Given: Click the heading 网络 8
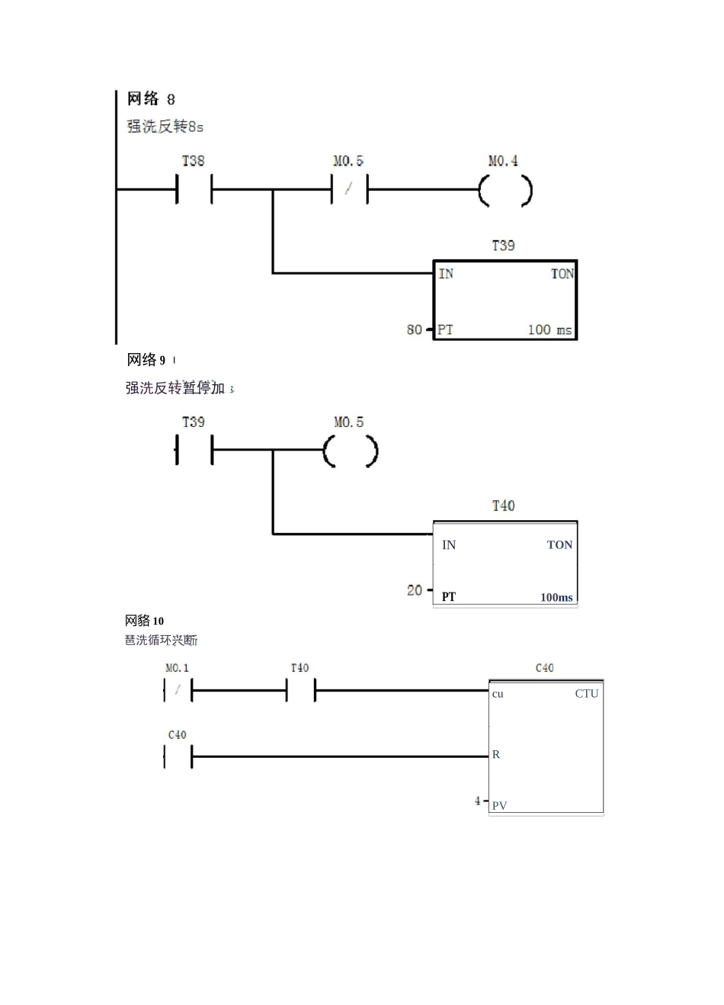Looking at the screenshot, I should coord(151,99).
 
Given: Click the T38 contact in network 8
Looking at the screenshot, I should coord(194,189).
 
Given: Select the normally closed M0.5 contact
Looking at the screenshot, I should coord(349,189).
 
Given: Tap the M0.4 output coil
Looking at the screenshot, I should coord(505,191).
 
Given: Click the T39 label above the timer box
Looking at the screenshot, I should coord(503,246).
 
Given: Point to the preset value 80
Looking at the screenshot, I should coord(414,329).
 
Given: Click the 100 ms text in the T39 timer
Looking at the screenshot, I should coord(549,329).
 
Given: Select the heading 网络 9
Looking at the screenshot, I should coord(146,360).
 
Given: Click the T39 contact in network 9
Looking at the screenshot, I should coord(194,450).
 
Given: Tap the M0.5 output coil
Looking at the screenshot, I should coord(350,451).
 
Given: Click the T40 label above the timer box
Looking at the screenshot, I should coord(503,506).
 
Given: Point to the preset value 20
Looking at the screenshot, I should coord(414,590).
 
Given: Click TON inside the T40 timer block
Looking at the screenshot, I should coord(559,544).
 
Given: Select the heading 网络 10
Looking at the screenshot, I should coord(145,621).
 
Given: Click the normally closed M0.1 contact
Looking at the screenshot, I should coord(178,691).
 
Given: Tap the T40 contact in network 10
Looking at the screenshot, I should coord(300,691).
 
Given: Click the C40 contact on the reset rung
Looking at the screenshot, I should coord(178,756).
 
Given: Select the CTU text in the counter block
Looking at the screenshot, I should coord(587,693).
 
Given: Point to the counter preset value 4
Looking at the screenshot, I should coord(478,801).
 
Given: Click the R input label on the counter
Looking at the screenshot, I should coord(496,754).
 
